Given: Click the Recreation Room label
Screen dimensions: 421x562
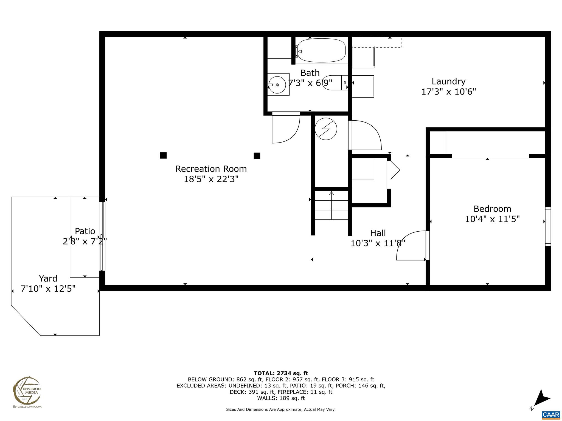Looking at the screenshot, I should click(211, 169).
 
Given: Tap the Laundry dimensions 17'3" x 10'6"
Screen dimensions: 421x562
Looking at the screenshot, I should click(448, 92).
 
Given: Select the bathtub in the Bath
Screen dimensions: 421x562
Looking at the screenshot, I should click(321, 51).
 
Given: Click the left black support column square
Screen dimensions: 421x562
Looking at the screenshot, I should click(163, 155).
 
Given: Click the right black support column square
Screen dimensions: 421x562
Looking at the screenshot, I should click(257, 156).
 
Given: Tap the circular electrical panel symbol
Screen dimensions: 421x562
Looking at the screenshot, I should click(326, 129).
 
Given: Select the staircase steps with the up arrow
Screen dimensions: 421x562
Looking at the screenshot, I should click(331, 206).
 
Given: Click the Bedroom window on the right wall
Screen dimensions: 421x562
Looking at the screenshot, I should click(547, 226).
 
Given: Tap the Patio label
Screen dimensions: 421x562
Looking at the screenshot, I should click(85, 231).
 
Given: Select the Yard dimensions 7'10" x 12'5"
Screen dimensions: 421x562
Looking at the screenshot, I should click(48, 289).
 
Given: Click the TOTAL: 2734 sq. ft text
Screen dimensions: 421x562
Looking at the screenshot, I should click(281, 373).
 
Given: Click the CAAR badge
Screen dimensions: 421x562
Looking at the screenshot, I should click(551, 414).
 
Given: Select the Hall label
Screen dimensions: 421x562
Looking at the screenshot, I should click(378, 233).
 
